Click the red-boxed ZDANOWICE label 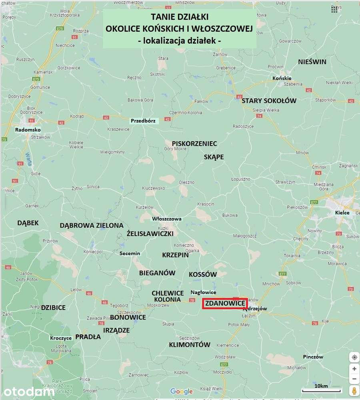tap(225, 304)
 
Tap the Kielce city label tap(342, 212)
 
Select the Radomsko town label tap(28, 130)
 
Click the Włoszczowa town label tap(167, 219)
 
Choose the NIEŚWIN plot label tap(312, 62)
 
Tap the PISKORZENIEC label tap(194, 143)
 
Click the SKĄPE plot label tap(214, 157)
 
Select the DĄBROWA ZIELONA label tap(92, 225)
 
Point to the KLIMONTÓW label tap(190, 344)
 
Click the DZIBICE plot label tap(53, 308)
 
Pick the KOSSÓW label tap(203, 274)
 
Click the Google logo tap(181, 391)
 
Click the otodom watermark tap(28, 391)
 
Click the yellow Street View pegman tap(354, 390)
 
